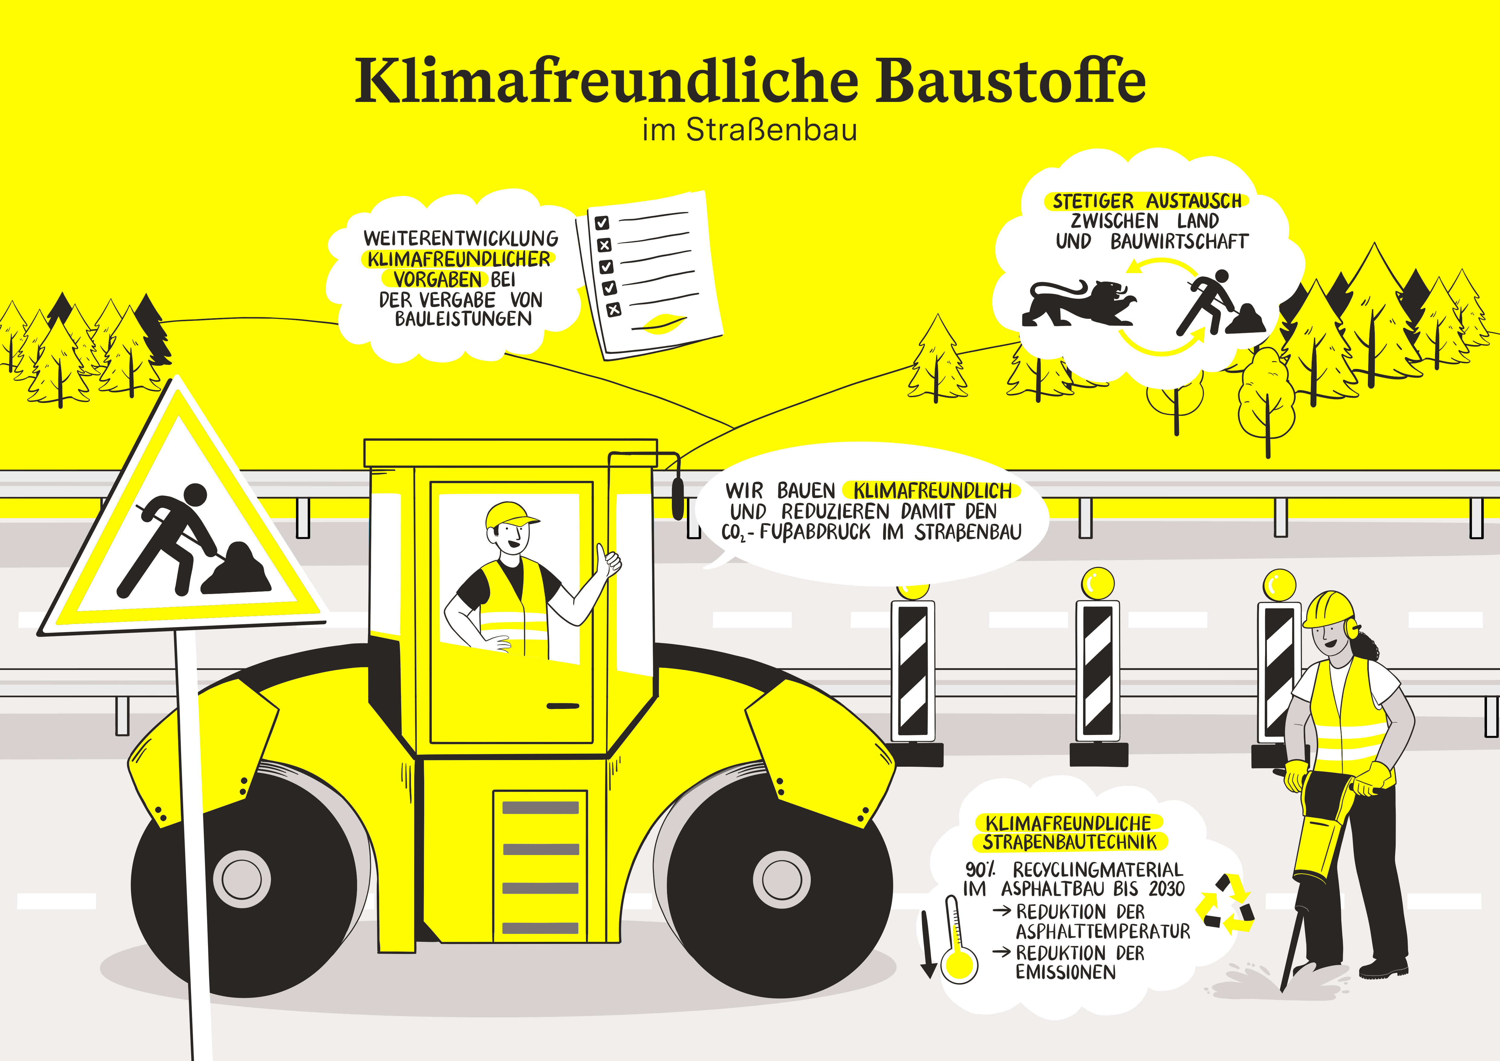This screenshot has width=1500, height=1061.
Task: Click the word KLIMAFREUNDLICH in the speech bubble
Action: pyautogui.click(x=932, y=491)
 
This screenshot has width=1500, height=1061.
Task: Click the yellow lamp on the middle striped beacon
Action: pyautogui.click(x=1098, y=583)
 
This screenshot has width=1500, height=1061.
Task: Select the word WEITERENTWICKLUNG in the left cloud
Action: pyautogui.click(x=461, y=238)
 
